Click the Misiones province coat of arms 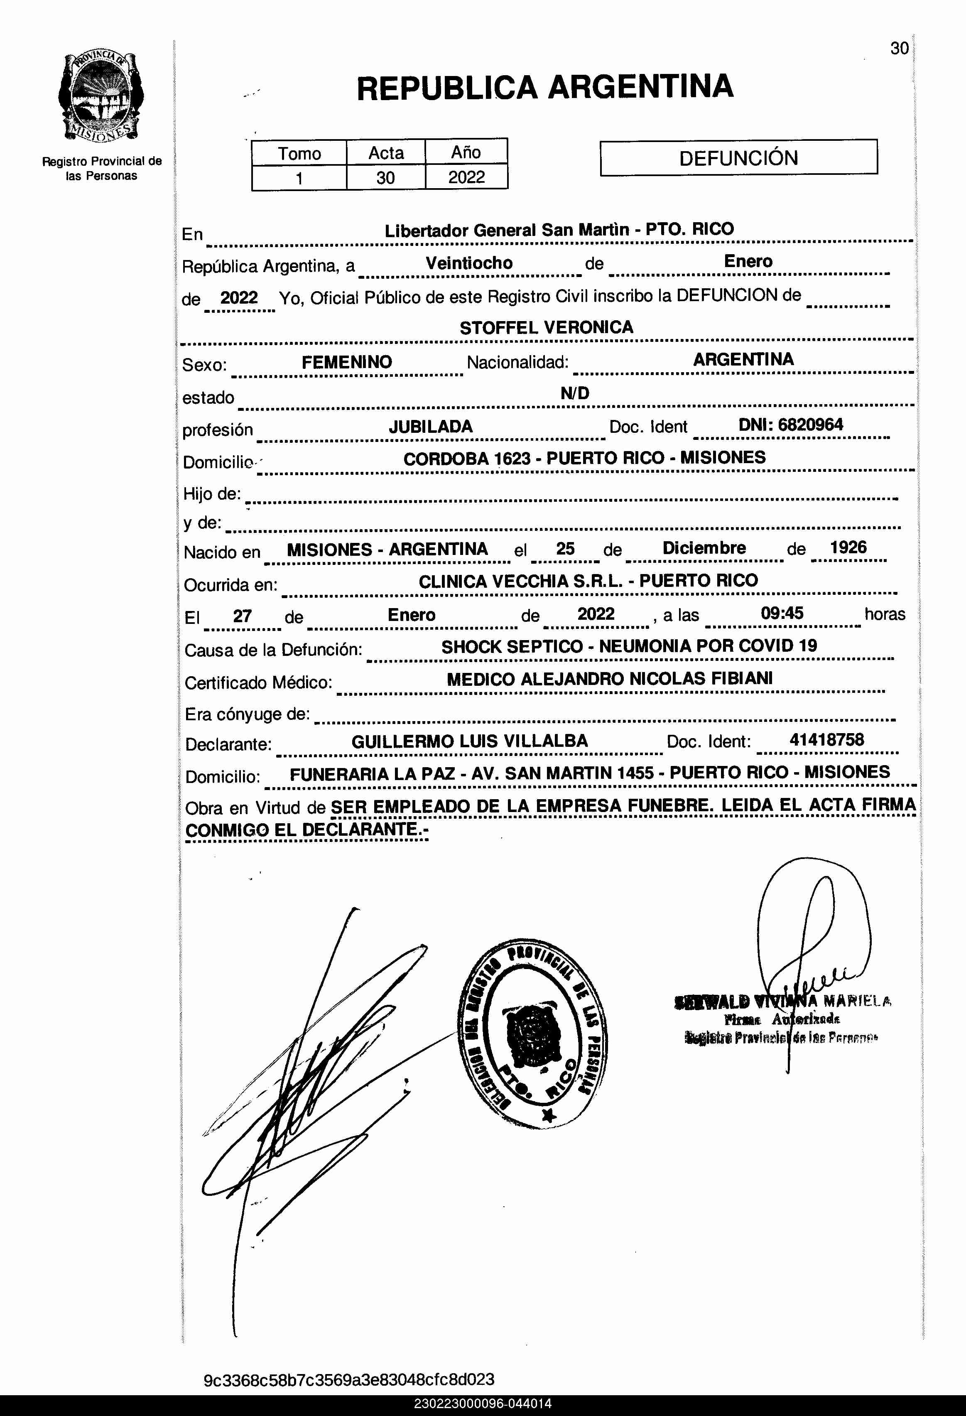(x=101, y=97)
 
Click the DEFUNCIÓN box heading (x=738, y=158)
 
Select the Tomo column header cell (x=299, y=153)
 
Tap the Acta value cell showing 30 (x=385, y=178)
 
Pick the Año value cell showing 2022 (x=466, y=177)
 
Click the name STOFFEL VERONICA (x=547, y=328)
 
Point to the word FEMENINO (x=346, y=362)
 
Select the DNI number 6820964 (x=810, y=425)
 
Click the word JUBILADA (x=431, y=427)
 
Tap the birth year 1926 (x=848, y=547)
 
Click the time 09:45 (x=782, y=613)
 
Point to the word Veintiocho (x=469, y=263)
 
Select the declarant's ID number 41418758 (x=826, y=740)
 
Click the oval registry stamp (x=532, y=1032)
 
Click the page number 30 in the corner (x=899, y=49)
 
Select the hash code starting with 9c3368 (x=348, y=1379)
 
